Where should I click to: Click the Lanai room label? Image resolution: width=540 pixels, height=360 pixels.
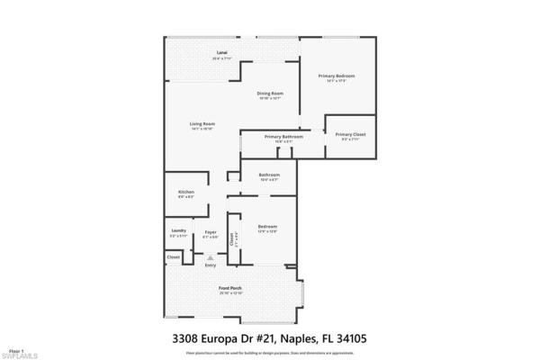(220, 53)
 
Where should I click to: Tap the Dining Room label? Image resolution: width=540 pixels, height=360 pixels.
(271, 94)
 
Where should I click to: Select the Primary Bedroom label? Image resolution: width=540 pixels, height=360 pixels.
(337, 76)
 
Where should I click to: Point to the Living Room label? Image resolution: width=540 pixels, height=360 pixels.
(202, 123)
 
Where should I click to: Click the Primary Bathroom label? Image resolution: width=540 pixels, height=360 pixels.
(283, 137)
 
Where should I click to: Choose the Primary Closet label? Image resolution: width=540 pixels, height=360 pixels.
(350, 134)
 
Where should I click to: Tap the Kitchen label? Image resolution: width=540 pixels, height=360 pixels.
(186, 193)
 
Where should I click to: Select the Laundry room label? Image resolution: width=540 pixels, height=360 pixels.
(178, 231)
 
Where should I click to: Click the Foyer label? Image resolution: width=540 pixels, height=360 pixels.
(210, 231)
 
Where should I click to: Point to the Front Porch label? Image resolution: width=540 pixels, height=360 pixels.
(231, 289)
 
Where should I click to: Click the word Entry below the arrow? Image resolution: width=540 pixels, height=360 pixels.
(211, 265)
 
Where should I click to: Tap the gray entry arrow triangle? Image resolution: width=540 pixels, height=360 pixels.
(211, 257)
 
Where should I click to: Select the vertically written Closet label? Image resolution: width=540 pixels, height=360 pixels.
(231, 239)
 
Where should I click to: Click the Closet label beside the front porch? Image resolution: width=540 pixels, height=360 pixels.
(173, 257)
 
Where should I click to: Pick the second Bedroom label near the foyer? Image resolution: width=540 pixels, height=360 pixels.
(267, 226)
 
